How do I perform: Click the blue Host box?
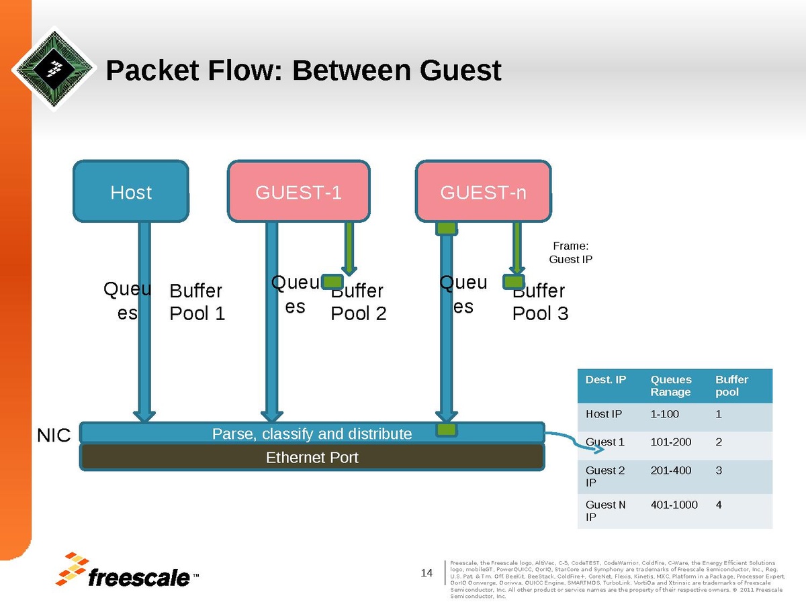(131, 192)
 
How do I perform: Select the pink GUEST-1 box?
(299, 192)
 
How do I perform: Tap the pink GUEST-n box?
(483, 192)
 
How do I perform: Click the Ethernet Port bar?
(312, 458)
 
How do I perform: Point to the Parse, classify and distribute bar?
(312, 434)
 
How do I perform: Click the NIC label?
(53, 436)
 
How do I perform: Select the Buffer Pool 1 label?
(197, 302)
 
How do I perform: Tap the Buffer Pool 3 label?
(540, 302)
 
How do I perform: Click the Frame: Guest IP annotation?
(570, 253)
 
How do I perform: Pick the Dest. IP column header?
(606, 380)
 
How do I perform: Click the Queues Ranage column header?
(671, 385)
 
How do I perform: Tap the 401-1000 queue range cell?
(674, 505)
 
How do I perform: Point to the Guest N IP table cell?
(605, 511)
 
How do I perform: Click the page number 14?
(427, 572)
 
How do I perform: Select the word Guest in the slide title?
(460, 70)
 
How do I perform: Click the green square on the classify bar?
(447, 430)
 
